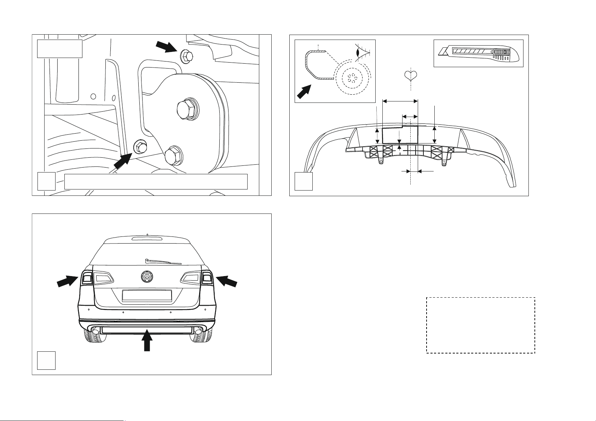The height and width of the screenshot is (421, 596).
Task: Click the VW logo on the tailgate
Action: (x=147, y=277)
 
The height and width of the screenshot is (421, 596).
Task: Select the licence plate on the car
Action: (x=147, y=296)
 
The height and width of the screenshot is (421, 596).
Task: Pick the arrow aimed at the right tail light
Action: (x=227, y=282)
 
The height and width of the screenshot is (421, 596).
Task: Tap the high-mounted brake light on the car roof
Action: (x=147, y=239)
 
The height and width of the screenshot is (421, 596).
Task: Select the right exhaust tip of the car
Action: (x=198, y=331)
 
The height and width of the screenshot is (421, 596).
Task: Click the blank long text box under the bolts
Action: (x=156, y=181)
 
